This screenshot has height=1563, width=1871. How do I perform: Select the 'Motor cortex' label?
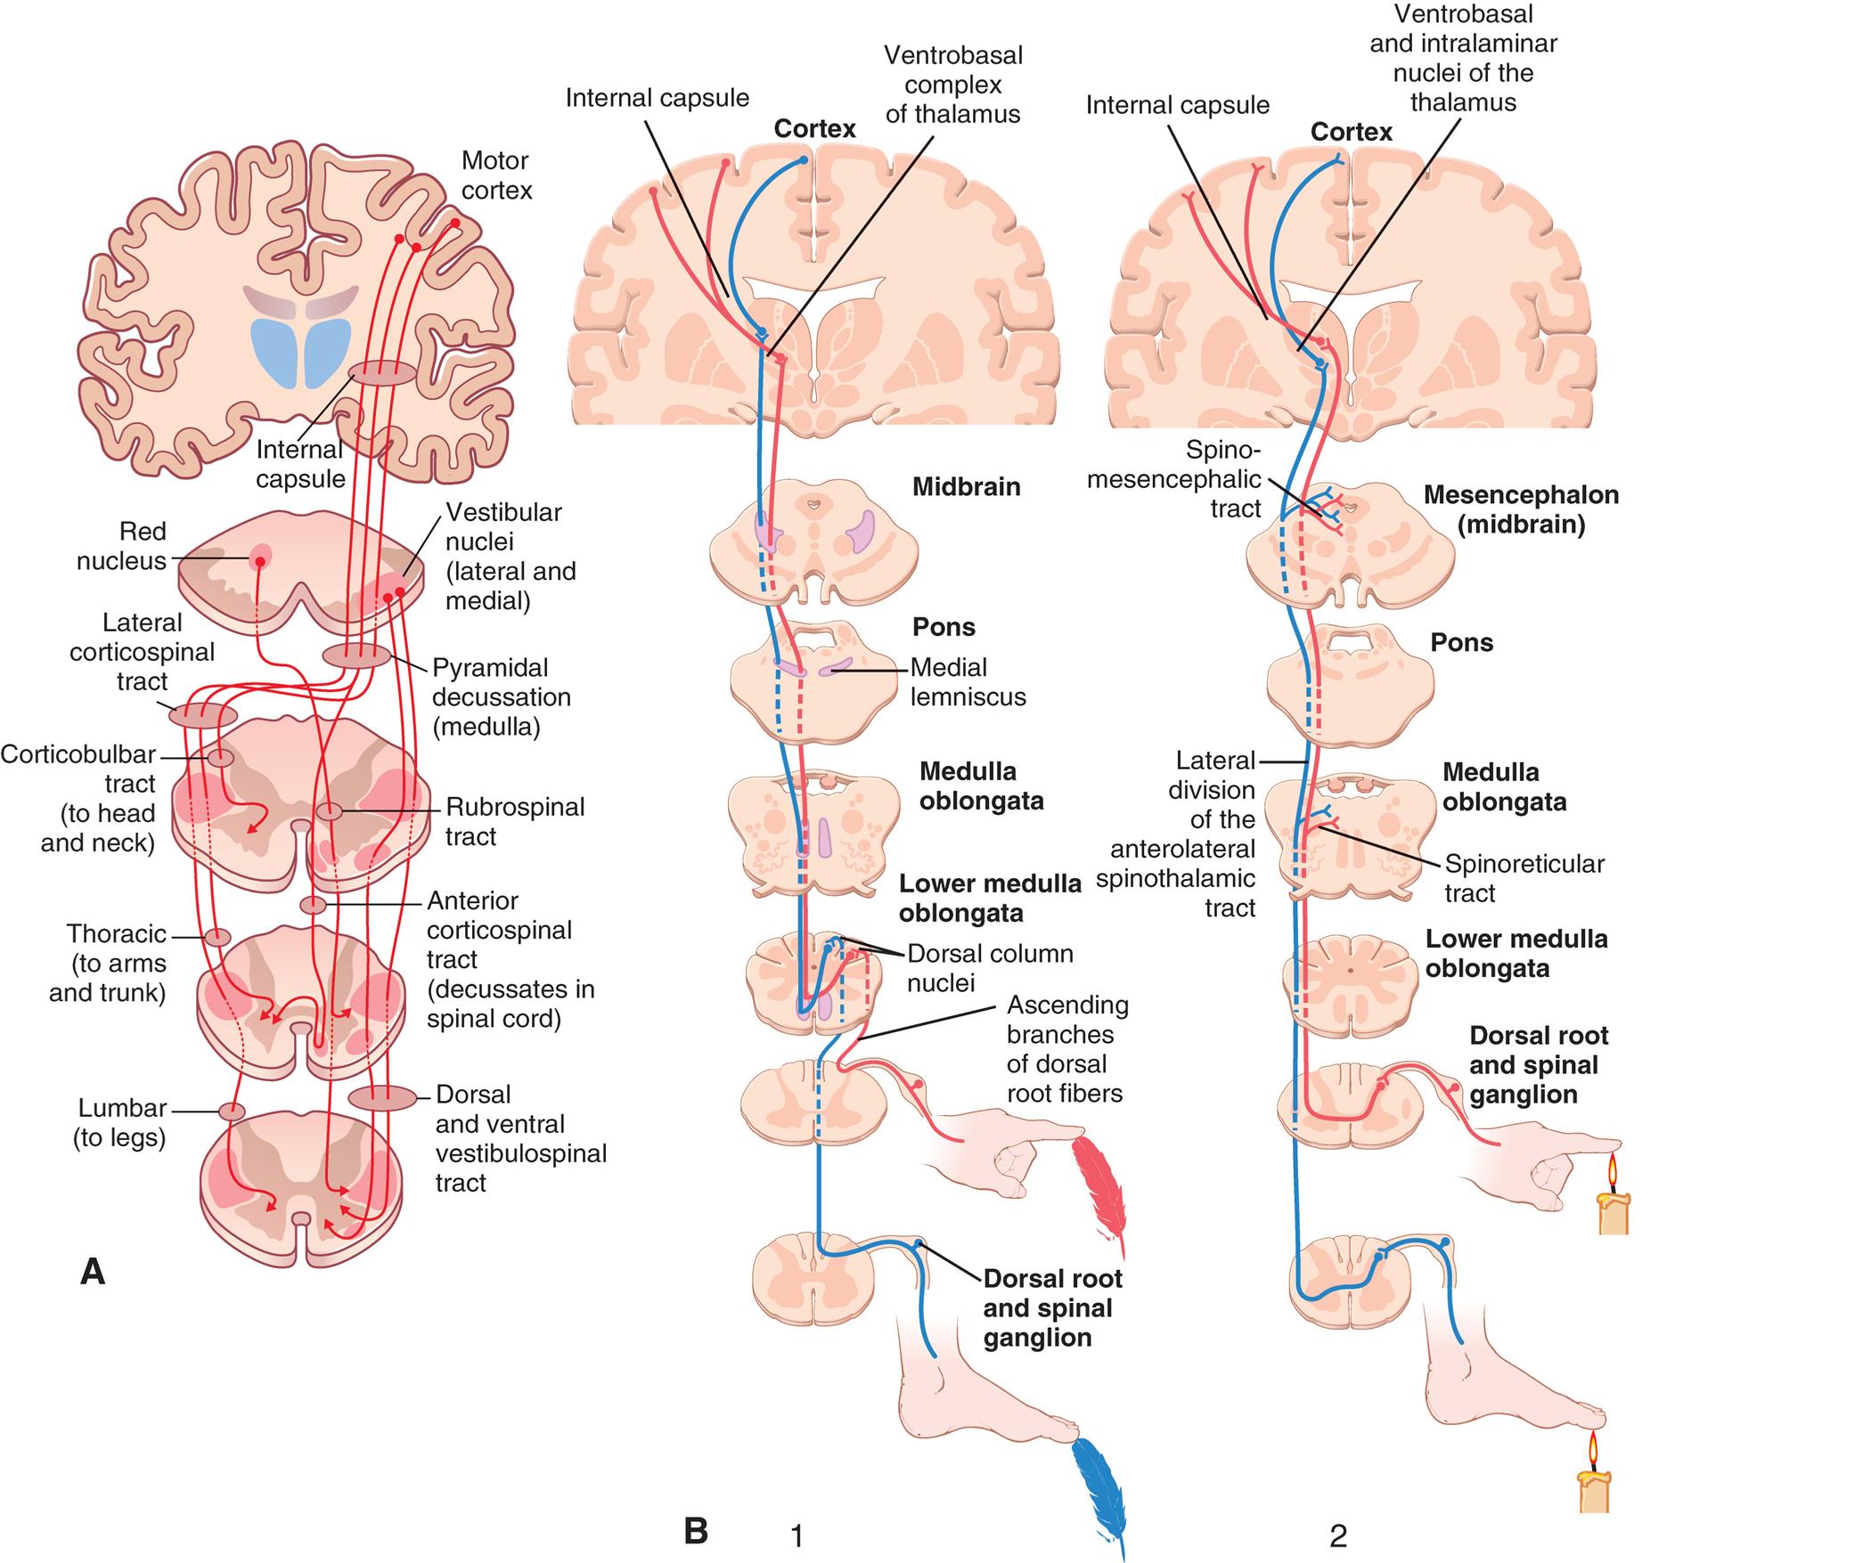(x=496, y=175)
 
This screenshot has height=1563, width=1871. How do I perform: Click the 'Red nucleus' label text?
(x=122, y=546)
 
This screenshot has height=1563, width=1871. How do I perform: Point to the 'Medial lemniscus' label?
(x=967, y=681)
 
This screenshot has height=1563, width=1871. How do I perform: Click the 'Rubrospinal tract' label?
(x=514, y=821)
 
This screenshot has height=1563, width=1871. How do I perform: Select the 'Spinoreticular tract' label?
(x=1524, y=877)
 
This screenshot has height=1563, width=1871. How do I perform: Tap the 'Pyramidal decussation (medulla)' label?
(x=501, y=697)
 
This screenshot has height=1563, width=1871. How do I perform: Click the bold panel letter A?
(x=93, y=1272)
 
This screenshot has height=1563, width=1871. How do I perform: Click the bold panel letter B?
(x=696, y=1531)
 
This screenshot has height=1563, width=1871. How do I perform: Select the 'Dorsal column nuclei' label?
(x=989, y=967)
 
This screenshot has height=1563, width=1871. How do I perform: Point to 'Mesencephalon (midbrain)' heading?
(x=1520, y=509)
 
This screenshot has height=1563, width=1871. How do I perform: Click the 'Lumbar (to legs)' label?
(x=121, y=1122)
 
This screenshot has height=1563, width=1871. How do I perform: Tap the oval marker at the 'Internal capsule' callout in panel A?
(x=381, y=373)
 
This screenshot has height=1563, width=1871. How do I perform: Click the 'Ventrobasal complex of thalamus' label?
(x=952, y=85)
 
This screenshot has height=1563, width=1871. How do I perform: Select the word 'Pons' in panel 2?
(x=1461, y=643)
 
